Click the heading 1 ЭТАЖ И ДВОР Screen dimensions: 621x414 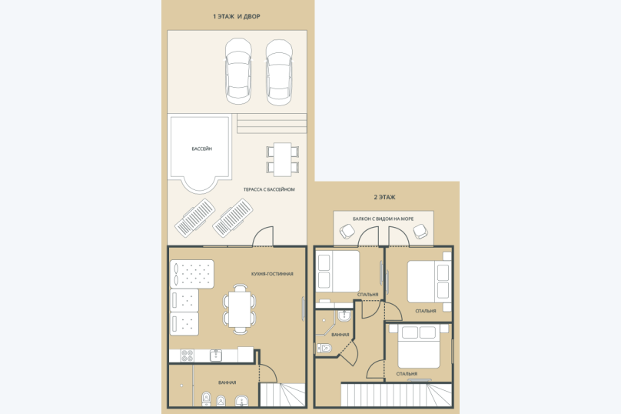click(237, 16)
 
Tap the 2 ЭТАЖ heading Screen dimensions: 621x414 click(384, 197)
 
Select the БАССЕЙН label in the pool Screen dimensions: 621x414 click(202, 149)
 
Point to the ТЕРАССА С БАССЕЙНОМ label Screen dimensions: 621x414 click(269, 189)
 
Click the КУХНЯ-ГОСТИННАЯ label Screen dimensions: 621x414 click(272, 274)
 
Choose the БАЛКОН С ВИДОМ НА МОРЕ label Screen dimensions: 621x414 click(383, 219)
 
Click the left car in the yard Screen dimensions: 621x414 click(238, 72)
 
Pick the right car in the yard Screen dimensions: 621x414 click(279, 72)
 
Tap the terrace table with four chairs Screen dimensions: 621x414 click(282, 159)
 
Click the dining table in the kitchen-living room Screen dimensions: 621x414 click(239, 309)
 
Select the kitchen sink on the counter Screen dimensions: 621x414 click(215, 356)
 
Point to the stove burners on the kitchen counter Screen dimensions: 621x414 click(188, 356)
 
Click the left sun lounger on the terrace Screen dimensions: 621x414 click(195, 218)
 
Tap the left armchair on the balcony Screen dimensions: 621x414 click(347, 231)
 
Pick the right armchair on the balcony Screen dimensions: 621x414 click(420, 231)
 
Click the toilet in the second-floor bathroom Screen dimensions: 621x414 click(324, 348)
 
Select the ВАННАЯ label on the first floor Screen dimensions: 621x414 click(227, 382)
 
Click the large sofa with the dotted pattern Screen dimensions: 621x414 click(192, 274)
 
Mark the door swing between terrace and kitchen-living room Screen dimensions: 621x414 click(263, 236)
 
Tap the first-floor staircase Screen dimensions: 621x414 click(282, 395)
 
